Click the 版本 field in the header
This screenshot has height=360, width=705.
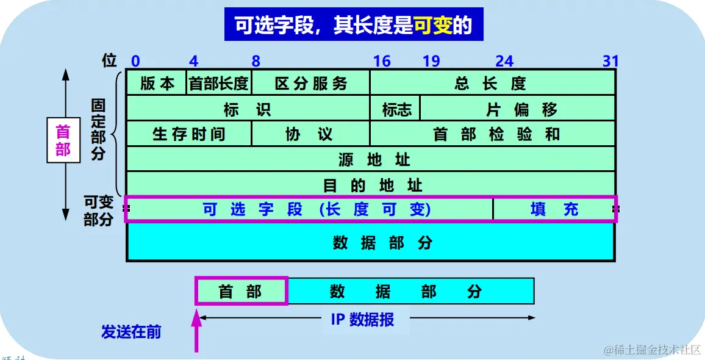click(157, 83)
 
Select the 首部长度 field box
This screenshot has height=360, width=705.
click(219, 83)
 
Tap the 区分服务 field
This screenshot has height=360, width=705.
click(311, 83)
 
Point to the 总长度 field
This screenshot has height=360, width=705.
click(492, 83)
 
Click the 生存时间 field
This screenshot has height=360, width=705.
click(189, 134)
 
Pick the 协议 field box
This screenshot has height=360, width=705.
click(310, 134)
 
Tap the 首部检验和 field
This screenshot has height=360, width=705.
click(492, 134)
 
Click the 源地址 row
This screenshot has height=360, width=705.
click(371, 159)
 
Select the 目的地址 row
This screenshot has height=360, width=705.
click(371, 184)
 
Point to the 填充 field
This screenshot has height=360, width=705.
click(554, 209)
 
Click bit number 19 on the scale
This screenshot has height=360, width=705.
click(431, 61)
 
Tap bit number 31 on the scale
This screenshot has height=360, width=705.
click(610, 61)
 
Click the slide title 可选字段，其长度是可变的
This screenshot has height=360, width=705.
click(354, 25)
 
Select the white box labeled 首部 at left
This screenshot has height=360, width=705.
click(63, 140)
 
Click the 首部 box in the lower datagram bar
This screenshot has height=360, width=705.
click(241, 292)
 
